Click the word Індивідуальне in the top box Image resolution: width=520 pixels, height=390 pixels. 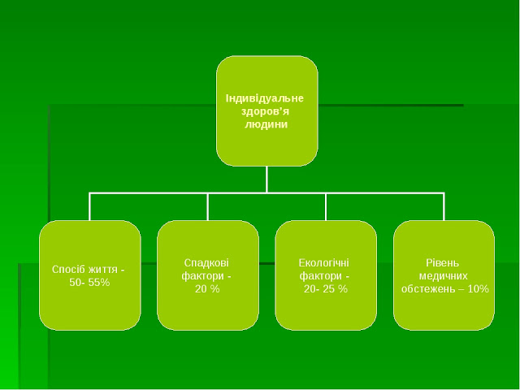coord(266,98)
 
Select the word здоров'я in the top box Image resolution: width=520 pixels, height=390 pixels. coord(266,111)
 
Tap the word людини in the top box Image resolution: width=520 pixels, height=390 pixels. coord(266,124)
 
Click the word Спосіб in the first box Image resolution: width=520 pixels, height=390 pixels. coord(67,269)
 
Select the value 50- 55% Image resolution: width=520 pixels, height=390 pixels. coord(89,282)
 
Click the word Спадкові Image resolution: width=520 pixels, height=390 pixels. coord(207,262)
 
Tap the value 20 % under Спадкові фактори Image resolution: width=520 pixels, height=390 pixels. coord(207,288)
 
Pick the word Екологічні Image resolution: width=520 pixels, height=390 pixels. coord(325,262)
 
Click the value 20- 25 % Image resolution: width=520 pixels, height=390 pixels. coord(325,288)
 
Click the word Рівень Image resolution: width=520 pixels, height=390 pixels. coord(443,262)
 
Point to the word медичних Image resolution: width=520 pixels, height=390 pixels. coord(444,275)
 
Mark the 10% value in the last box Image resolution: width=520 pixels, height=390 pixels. coord(479,288)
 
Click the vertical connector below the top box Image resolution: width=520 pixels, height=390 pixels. coord(266,179)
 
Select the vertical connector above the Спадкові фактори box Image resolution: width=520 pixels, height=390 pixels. coord(208,206)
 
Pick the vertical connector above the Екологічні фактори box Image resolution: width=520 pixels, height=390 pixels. coord(326,206)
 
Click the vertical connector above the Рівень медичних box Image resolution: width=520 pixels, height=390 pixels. coord(444,206)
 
